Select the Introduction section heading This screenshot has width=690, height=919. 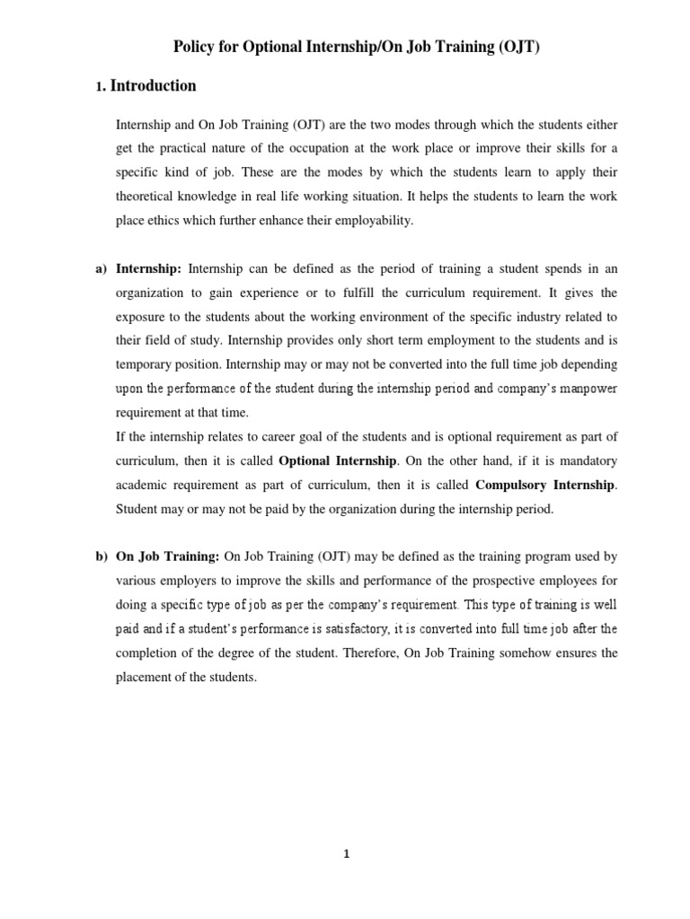pos(153,86)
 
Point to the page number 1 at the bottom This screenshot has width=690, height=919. pos(345,853)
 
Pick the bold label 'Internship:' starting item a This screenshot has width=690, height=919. pos(149,268)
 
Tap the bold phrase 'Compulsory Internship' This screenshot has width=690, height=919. pos(544,485)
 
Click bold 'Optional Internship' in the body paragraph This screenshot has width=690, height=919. pos(338,460)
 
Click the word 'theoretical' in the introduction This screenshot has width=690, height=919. pos(146,197)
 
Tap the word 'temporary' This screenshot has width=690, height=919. pos(144,364)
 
